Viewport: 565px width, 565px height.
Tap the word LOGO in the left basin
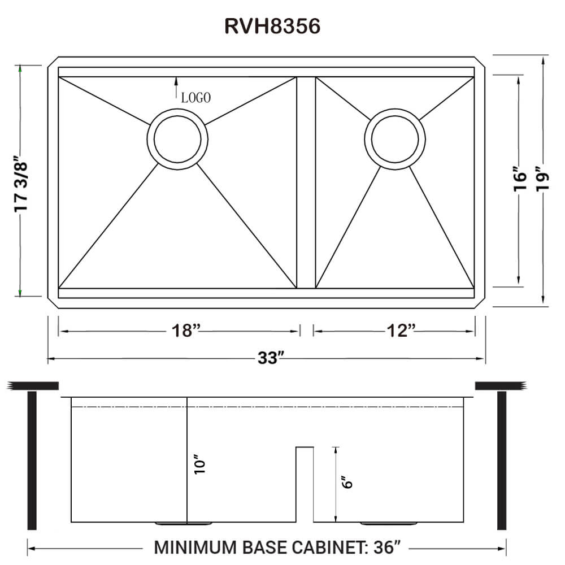click(x=196, y=98)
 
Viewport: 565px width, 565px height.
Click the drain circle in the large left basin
click(x=177, y=137)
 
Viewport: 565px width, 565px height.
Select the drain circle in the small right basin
click(x=394, y=137)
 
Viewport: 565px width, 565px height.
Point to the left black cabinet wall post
click(x=32, y=460)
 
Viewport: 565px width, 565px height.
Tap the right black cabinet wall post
click(x=501, y=460)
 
